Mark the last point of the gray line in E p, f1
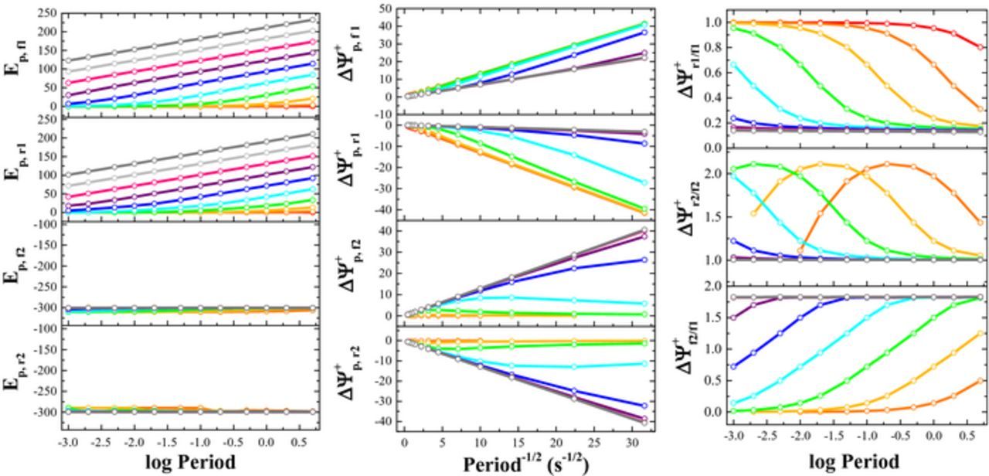click(313, 19)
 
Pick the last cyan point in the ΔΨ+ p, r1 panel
click(644, 183)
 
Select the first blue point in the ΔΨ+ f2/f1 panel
click(732, 366)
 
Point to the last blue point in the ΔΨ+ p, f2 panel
click(644, 260)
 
